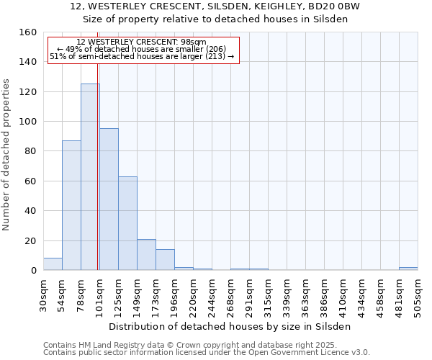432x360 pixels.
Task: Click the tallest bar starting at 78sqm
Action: coord(90,177)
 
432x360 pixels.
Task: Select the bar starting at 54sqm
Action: coord(71,205)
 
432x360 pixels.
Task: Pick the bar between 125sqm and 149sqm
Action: coord(127,223)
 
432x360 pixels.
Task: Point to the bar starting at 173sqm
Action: coord(165,260)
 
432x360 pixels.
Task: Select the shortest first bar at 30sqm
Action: coord(53,264)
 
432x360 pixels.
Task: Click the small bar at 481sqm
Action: coord(408,269)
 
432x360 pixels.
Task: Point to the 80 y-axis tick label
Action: coord(30,151)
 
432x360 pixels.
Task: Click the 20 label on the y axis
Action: coord(30,240)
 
